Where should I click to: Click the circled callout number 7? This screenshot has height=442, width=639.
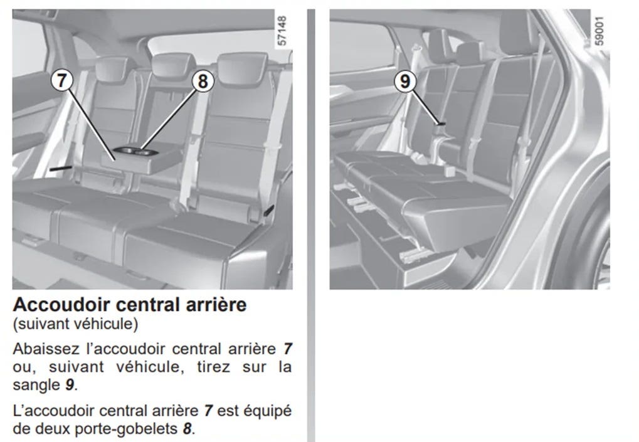coord(61,80)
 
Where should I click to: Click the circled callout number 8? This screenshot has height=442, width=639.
coord(203,81)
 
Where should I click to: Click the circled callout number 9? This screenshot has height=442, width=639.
coord(404,81)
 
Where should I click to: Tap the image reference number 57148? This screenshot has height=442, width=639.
coord(282,31)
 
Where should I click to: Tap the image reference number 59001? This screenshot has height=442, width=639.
coord(599,31)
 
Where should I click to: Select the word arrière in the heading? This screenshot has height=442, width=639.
coord(216,305)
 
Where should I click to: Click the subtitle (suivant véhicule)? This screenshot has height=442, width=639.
coord(75,324)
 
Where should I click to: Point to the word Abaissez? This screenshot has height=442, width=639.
coord(46,349)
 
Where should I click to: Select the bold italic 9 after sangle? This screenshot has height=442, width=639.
coord(70,385)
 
